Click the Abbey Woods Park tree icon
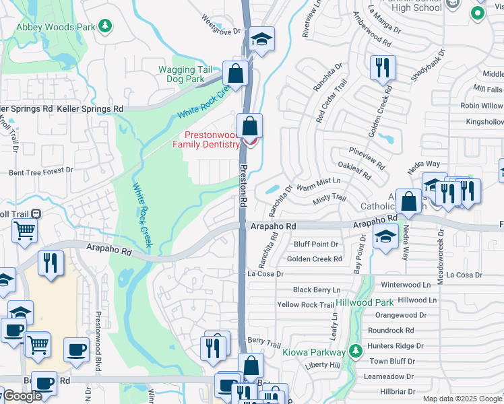(104, 26)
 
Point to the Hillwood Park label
(365, 303)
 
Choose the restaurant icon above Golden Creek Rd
(382, 67)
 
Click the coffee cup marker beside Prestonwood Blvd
(76, 349)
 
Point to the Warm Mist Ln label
(319, 180)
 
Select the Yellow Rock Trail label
(305, 305)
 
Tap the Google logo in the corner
(22, 396)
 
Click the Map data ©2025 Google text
(462, 399)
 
